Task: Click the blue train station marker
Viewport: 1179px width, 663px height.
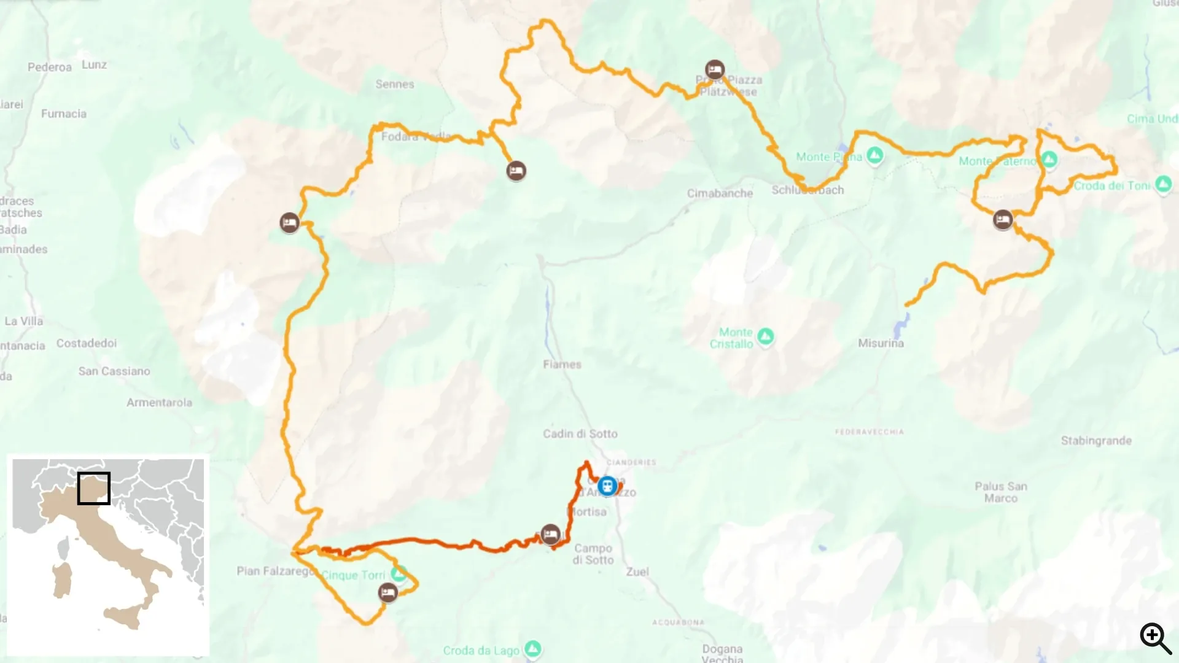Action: [x=607, y=486]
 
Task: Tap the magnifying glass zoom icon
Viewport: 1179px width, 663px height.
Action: [x=1155, y=638]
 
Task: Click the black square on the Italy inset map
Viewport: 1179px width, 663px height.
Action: [x=94, y=488]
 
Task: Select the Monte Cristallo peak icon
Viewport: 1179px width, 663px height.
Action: [x=765, y=336]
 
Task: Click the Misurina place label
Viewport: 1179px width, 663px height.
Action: [x=881, y=343]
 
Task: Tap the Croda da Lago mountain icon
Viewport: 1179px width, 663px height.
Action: [x=533, y=648]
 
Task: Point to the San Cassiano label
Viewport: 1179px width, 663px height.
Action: [x=114, y=371]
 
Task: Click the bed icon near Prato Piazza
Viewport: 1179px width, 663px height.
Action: [x=714, y=69]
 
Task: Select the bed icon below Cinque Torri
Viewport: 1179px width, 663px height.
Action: [x=387, y=593]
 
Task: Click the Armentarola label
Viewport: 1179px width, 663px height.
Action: [x=159, y=403]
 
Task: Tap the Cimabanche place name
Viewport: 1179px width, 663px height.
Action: [x=720, y=193]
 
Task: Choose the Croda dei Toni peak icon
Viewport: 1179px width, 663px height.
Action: [x=1163, y=184]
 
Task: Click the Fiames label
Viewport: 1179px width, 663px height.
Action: [x=562, y=365]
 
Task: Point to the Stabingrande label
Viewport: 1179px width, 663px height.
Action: [x=1096, y=441]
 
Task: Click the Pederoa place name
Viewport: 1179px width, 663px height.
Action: [x=50, y=67]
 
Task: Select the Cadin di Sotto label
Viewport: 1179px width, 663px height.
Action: [x=580, y=434]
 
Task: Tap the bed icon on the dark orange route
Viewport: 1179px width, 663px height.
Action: [x=551, y=534]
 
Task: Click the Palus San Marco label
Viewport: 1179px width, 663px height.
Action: [x=1001, y=492]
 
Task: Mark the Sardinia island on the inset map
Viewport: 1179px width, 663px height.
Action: [x=62, y=581]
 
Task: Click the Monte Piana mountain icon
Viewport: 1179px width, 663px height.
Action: [x=875, y=155]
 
